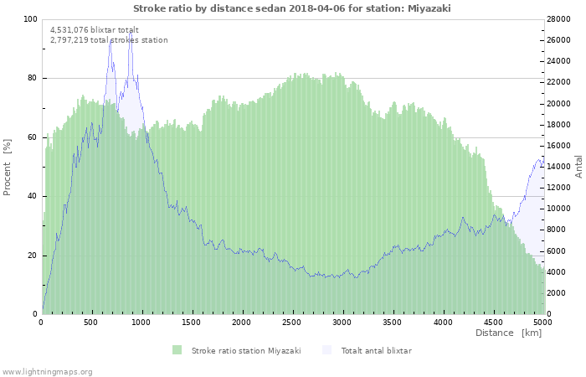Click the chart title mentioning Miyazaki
click(292, 8)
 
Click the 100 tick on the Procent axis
click(30, 19)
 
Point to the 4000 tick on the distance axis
click(442, 322)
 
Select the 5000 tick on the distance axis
click(542, 322)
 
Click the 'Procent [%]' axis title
click(8, 167)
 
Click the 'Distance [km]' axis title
click(508, 333)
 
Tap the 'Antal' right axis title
click(578, 166)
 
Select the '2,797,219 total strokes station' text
click(109, 39)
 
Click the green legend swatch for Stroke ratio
click(177, 350)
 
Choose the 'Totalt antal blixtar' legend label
click(376, 350)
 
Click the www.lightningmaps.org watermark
click(47, 371)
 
